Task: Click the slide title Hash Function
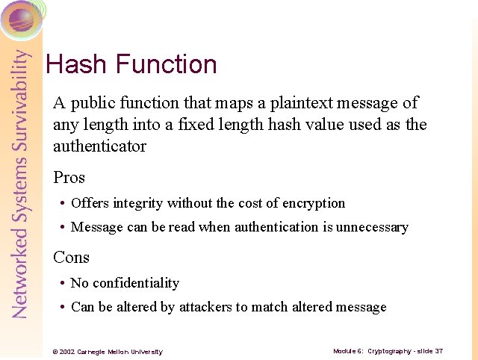pos(131,64)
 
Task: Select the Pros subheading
pos(69,178)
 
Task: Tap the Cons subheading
pos(72,258)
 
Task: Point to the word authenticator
pos(100,146)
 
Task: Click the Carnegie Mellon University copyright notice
pos(108,352)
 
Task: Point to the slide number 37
pos(439,351)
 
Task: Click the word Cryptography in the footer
pos(389,351)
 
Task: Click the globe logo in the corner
pos(21,18)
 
